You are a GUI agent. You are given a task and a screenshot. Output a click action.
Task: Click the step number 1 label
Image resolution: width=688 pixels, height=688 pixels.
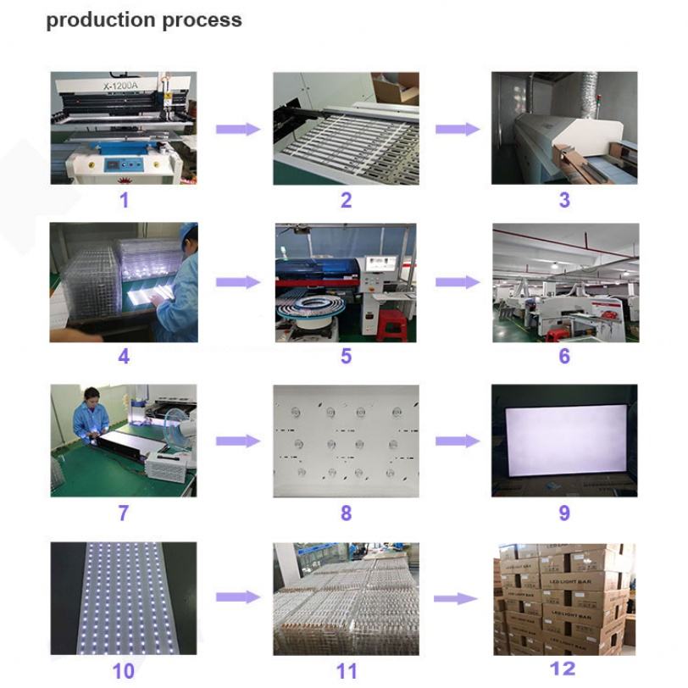tap(124, 200)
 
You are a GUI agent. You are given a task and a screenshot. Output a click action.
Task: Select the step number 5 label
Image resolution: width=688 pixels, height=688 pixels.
tap(346, 356)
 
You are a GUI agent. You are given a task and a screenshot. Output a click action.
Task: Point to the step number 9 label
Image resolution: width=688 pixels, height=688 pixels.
tap(564, 513)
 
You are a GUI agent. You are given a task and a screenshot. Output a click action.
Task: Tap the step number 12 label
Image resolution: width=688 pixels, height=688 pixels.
tap(563, 669)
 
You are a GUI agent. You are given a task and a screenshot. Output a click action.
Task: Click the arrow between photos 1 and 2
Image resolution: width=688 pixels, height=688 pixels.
tap(237, 129)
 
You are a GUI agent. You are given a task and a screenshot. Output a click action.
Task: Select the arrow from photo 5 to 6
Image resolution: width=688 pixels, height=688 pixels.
tap(458, 283)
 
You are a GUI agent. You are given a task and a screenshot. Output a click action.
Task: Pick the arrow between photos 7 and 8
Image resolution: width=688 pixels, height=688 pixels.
tap(237, 441)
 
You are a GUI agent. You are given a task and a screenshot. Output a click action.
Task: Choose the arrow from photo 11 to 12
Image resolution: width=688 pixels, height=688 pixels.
tap(456, 598)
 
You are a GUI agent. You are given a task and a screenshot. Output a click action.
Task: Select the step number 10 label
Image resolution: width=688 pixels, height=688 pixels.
tap(124, 671)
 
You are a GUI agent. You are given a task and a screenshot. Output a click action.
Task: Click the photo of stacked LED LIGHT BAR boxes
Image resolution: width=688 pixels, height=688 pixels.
tap(564, 598)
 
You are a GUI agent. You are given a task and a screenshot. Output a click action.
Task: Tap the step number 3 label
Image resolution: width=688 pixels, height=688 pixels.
tap(564, 200)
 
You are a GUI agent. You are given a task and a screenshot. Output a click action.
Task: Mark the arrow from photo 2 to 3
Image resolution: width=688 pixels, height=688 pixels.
tap(458, 129)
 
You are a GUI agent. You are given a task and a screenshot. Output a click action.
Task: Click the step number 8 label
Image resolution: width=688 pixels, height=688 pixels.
tap(346, 513)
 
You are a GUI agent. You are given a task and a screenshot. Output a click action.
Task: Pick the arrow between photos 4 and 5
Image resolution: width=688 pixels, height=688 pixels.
tap(237, 283)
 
